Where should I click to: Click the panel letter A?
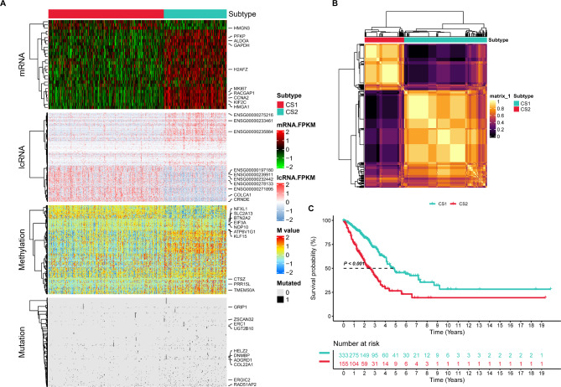tap(5, 5)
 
